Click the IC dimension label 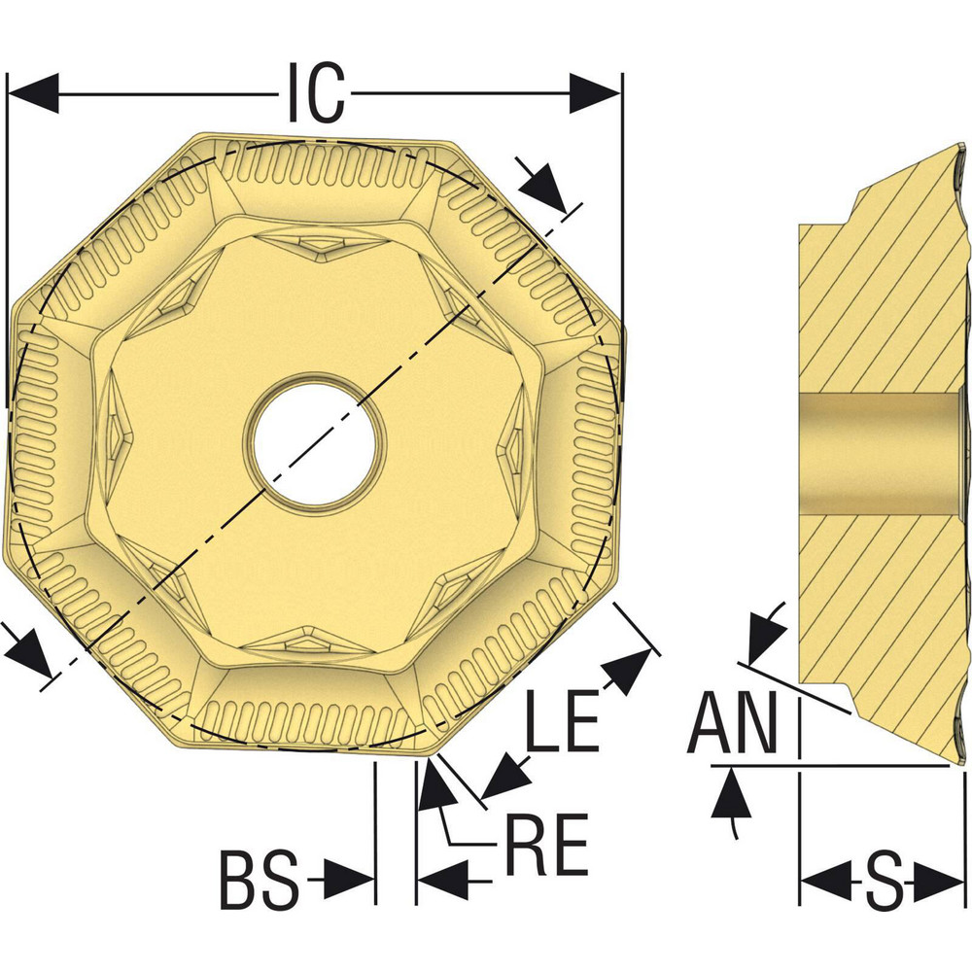tap(316, 93)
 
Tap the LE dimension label tap(561, 722)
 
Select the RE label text tap(546, 845)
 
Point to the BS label tap(257, 880)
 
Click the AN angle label tap(734, 724)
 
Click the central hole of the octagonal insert tap(314, 439)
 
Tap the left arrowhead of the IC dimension tap(34, 93)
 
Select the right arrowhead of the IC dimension tap(594, 93)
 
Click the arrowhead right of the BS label tap(350, 881)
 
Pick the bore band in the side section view tap(880, 453)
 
